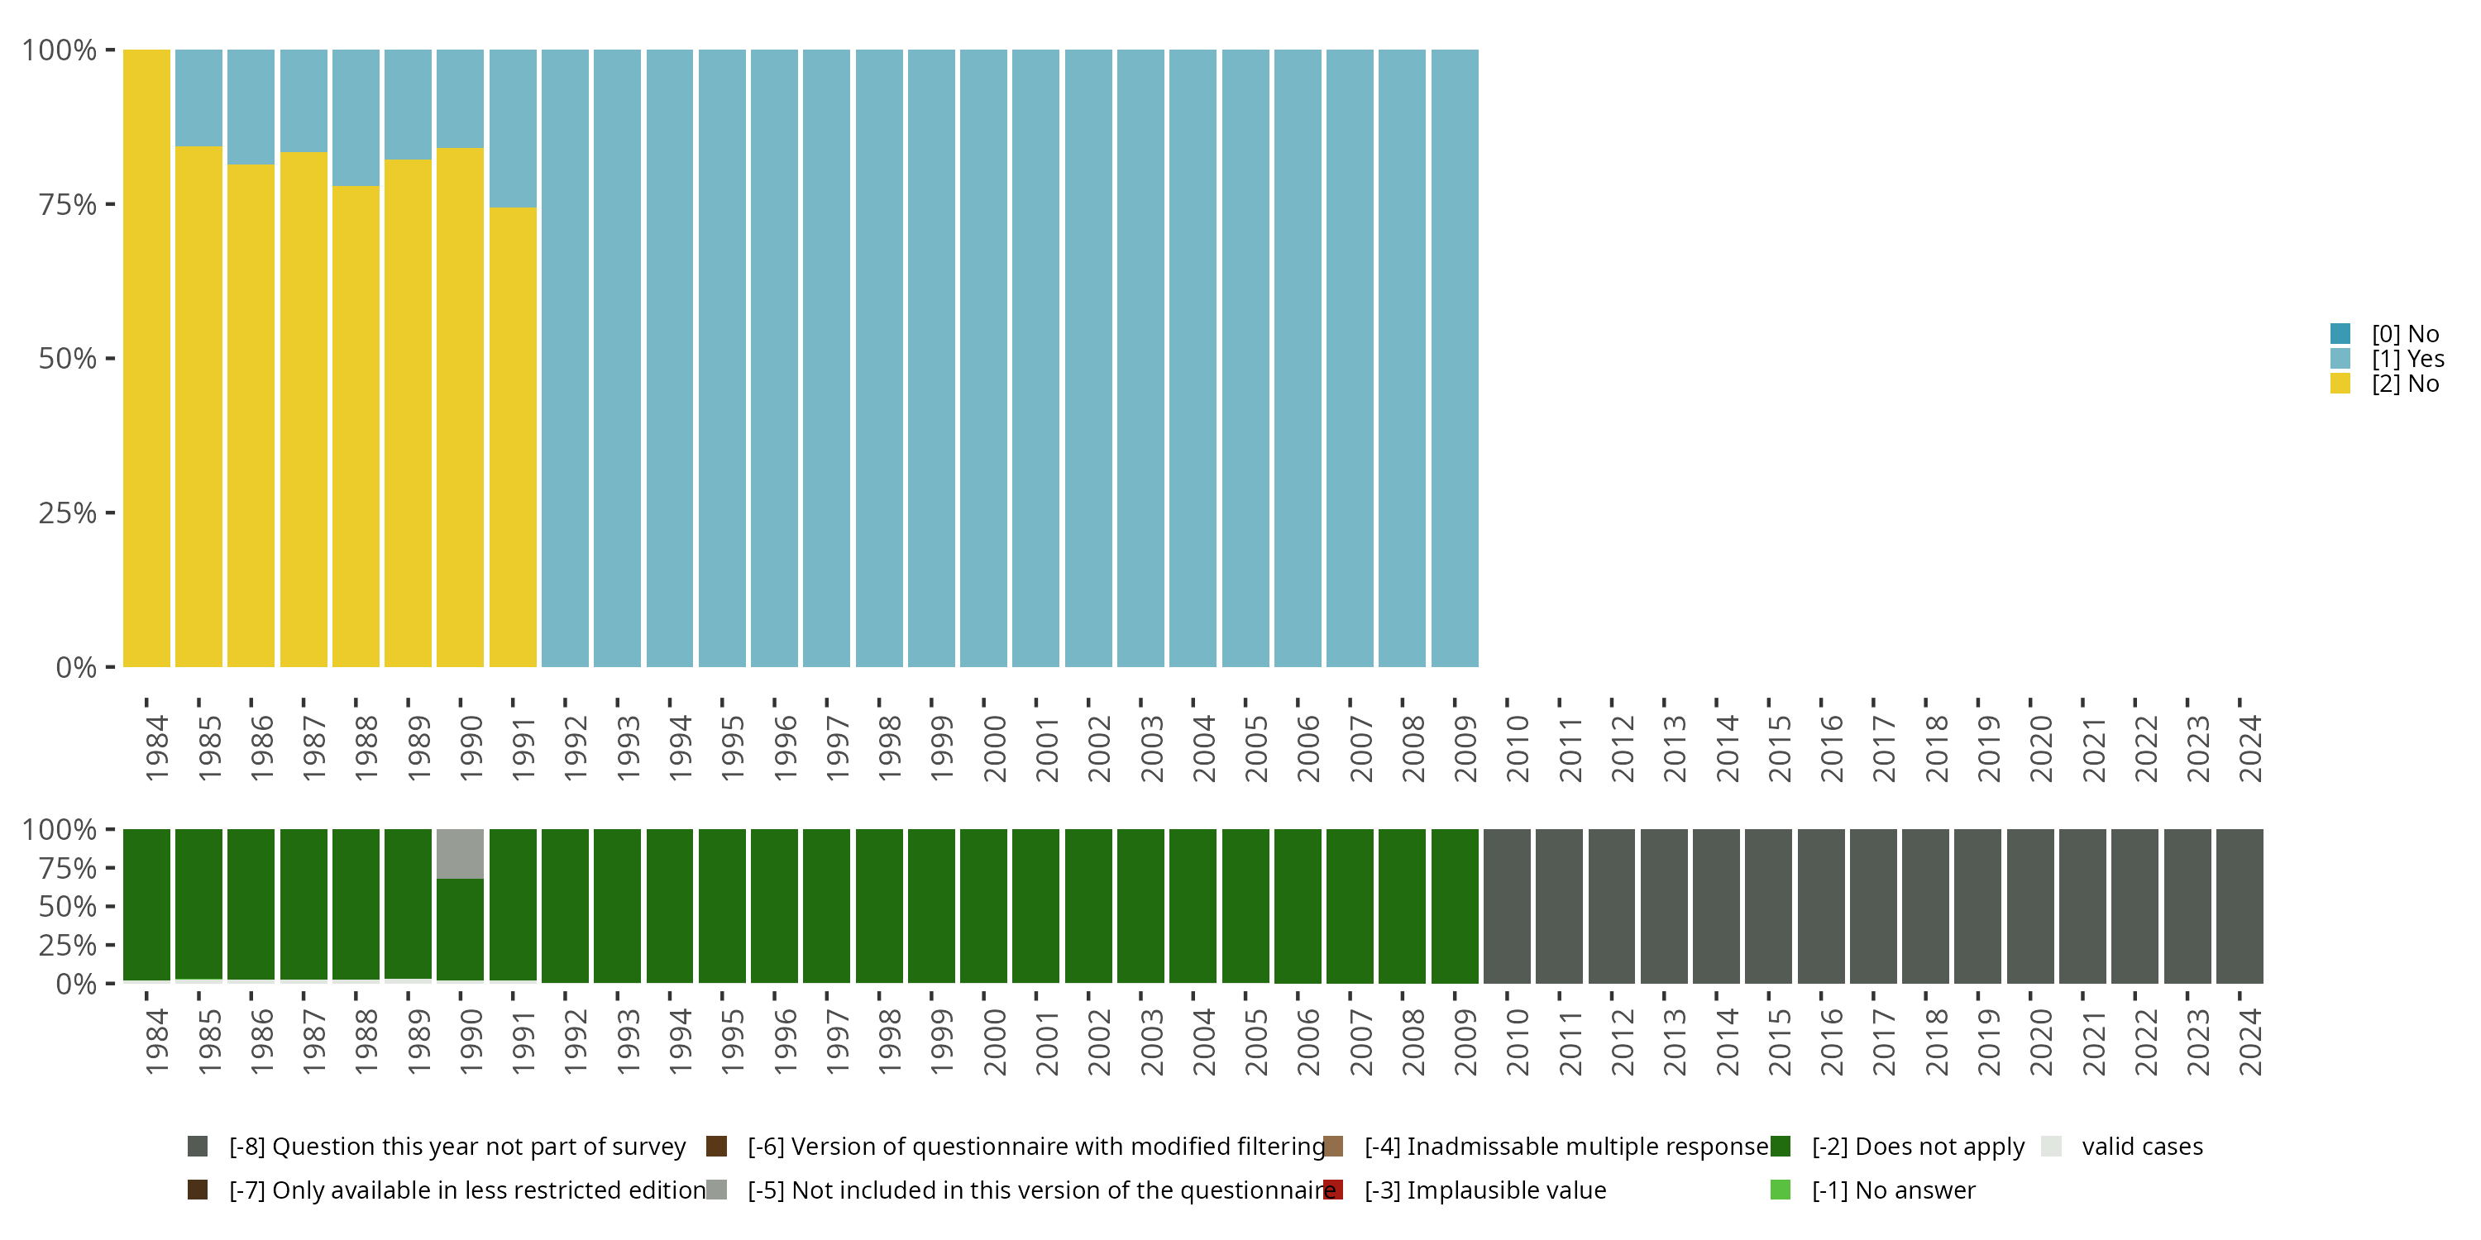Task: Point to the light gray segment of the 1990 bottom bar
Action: (461, 853)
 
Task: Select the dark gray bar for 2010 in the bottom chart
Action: (1506, 905)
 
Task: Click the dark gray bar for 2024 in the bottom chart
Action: (2240, 905)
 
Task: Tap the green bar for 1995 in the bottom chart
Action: (721, 905)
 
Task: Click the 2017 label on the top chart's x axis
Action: (1883, 749)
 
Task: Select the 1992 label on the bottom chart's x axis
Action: (575, 1042)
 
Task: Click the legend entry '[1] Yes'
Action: (2407, 359)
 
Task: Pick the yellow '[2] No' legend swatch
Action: (2340, 384)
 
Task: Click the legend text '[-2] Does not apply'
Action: (1918, 1147)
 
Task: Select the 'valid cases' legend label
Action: (2142, 1147)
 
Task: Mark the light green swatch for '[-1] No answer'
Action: (1780, 1190)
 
